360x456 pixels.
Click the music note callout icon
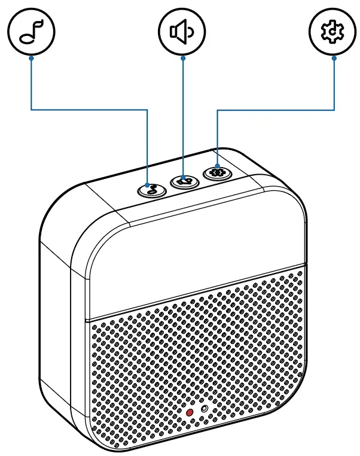(x=31, y=34)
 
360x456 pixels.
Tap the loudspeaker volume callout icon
(x=182, y=34)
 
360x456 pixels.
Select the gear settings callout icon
(x=333, y=34)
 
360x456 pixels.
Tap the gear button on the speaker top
(x=216, y=172)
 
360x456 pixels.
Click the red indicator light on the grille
(x=190, y=412)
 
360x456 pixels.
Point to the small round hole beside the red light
(x=205, y=409)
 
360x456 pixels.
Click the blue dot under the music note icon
(x=31, y=58)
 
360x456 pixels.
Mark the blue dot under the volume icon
(x=182, y=58)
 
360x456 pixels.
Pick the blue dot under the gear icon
(x=334, y=58)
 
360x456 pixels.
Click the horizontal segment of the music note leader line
(x=90, y=110)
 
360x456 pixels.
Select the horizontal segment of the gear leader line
(x=275, y=110)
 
